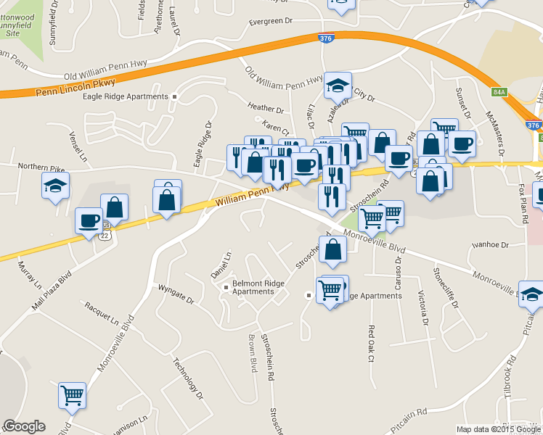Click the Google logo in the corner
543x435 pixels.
[x=24, y=426]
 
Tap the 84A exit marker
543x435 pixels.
[x=498, y=92]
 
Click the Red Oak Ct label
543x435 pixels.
[x=372, y=344]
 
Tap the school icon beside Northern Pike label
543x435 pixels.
[x=56, y=186]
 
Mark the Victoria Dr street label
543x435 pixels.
[x=422, y=307]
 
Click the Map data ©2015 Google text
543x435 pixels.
[x=498, y=429]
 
